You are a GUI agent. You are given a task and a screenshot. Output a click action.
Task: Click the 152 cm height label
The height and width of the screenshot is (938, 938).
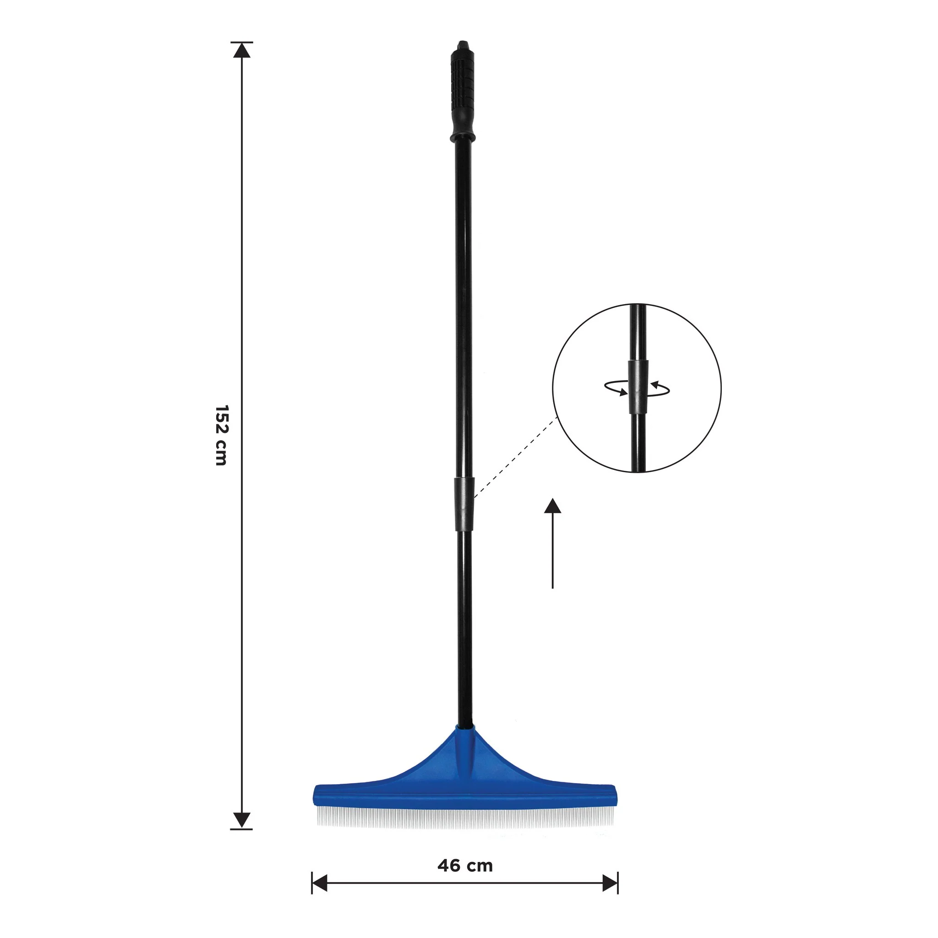point(221,436)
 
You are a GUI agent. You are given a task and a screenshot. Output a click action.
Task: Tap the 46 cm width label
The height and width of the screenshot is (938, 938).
point(464,866)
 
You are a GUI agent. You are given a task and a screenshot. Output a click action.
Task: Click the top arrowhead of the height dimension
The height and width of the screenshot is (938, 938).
point(242,50)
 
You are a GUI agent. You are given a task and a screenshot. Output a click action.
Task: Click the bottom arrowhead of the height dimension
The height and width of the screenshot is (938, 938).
point(242,819)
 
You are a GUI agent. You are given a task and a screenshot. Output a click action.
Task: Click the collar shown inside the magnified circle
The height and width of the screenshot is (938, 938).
point(638,387)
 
